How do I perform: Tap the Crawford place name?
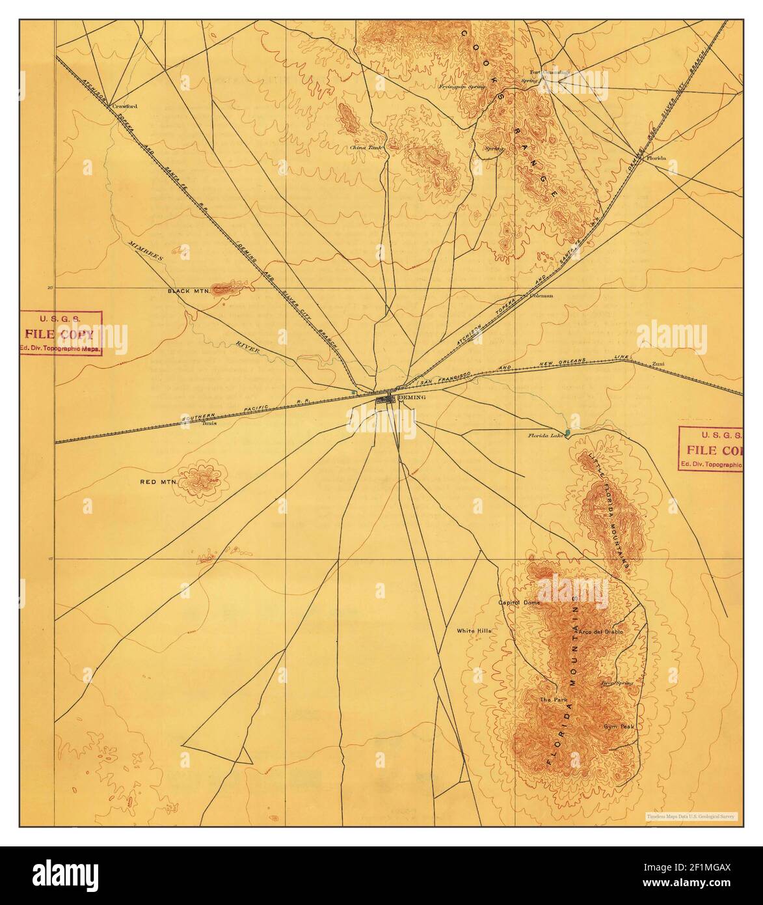[126, 105]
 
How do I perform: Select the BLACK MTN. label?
[187, 291]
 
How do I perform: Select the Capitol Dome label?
[519, 603]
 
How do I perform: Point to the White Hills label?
[474, 631]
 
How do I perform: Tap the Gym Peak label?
[618, 727]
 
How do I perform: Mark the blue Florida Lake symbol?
[568, 432]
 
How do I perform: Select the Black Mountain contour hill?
[225, 287]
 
